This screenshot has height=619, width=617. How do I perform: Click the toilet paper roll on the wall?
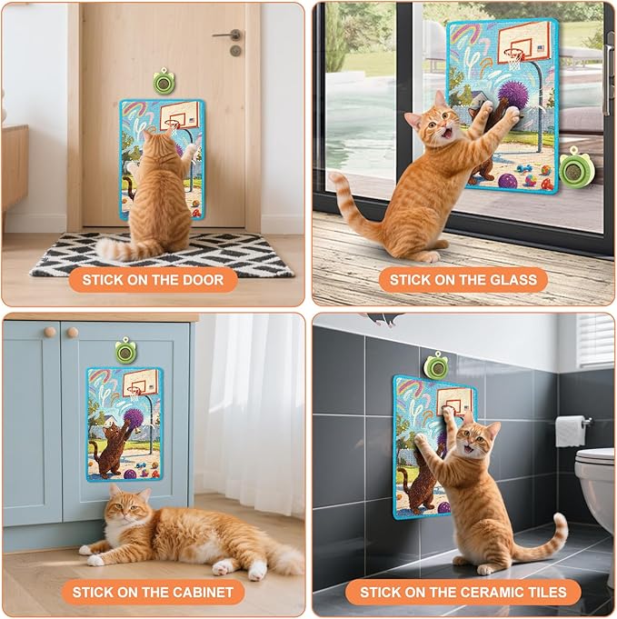(x=570, y=431)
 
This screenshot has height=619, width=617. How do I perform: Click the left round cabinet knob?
(x=50, y=331)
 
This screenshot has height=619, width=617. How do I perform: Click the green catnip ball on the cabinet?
(x=125, y=351)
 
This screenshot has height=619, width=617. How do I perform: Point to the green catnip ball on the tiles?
(x=434, y=369)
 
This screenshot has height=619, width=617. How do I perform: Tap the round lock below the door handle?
(x=235, y=51)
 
